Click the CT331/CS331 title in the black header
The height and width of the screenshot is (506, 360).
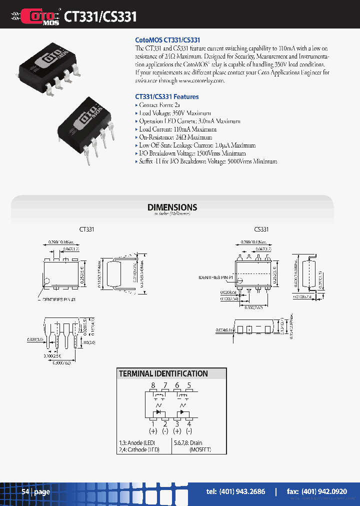[100, 17]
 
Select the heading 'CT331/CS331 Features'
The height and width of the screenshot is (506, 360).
[167, 96]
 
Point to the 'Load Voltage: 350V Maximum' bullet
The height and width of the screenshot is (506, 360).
[174, 113]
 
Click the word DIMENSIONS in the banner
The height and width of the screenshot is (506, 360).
[172, 207]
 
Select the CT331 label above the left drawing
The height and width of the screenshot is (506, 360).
[86, 229]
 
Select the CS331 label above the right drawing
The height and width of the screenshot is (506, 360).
[261, 229]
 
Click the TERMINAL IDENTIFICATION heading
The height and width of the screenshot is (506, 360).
[163, 373]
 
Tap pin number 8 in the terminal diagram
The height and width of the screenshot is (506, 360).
[153, 385]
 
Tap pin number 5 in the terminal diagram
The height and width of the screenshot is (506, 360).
[189, 385]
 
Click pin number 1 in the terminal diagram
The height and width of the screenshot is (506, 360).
[153, 423]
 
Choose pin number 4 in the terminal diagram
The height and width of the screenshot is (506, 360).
[189, 423]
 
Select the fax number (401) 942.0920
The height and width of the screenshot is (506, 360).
[317, 491]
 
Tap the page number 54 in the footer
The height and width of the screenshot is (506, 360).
[25, 491]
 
